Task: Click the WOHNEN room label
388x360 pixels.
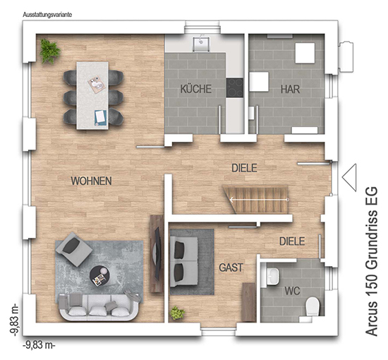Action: click(91, 181)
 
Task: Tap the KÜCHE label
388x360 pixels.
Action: click(195, 89)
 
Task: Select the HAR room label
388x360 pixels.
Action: click(290, 89)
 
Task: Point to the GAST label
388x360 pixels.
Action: click(231, 268)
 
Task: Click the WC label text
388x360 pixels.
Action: click(292, 291)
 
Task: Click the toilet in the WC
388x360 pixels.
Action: click(312, 307)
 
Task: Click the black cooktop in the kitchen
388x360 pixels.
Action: click(235, 88)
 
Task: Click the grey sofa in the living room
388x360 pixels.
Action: click(99, 306)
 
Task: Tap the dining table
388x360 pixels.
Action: click(92, 95)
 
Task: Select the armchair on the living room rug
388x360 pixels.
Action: click(74, 249)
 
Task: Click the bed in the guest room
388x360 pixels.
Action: click(184, 261)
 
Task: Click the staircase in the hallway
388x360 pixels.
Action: click(256, 199)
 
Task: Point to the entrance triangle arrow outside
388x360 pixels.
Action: click(349, 177)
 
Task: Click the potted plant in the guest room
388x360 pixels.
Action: click(177, 313)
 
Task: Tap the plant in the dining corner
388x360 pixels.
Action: click(50, 51)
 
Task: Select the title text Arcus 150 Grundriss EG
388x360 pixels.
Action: click(372, 261)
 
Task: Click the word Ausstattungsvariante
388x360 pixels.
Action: click(47, 15)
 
